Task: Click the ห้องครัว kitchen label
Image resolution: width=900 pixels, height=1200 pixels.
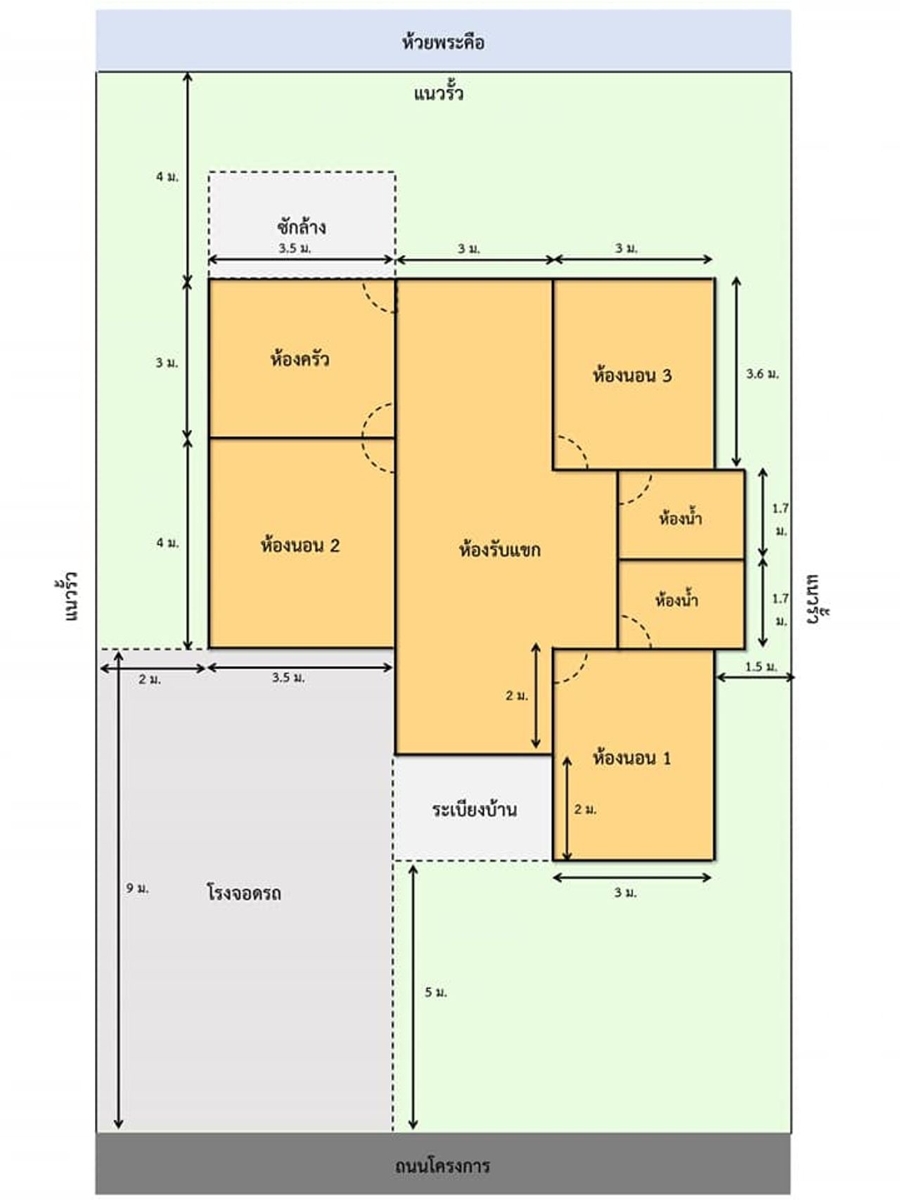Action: click(300, 359)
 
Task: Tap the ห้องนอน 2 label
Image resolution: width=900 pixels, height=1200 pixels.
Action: click(300, 545)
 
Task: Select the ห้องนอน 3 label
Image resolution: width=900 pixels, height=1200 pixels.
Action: click(632, 375)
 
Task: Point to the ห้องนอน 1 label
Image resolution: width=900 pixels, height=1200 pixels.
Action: click(632, 758)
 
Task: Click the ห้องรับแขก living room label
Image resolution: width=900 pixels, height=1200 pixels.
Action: click(499, 549)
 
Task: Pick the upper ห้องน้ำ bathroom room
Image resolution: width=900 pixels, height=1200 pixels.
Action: click(681, 515)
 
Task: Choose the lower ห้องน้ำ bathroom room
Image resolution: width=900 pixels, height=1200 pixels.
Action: click(681, 604)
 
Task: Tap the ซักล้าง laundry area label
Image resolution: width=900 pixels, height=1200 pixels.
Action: click(301, 226)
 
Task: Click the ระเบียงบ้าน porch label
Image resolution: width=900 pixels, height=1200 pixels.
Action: click(475, 809)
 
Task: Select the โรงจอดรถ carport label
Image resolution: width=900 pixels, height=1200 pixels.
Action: click(244, 893)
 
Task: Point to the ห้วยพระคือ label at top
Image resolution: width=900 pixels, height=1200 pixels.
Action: click(443, 42)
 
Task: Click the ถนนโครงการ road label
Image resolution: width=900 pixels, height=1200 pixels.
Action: click(442, 1166)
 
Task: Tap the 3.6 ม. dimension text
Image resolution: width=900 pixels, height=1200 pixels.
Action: click(762, 374)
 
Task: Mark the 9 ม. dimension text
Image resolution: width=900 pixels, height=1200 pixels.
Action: click(137, 888)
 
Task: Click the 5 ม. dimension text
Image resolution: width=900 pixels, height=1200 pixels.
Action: click(435, 992)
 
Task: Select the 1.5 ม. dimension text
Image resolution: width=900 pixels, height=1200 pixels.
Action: click(761, 666)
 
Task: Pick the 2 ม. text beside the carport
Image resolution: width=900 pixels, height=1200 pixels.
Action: click(150, 679)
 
